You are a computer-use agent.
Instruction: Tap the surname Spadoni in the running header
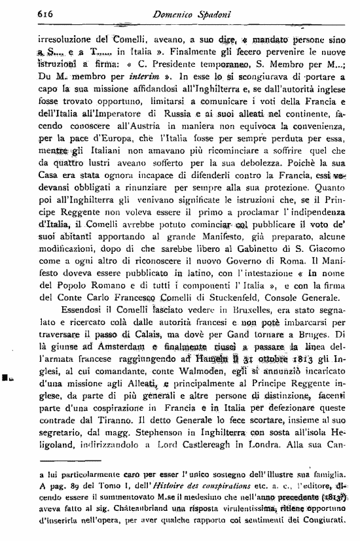[x=206, y=12]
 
